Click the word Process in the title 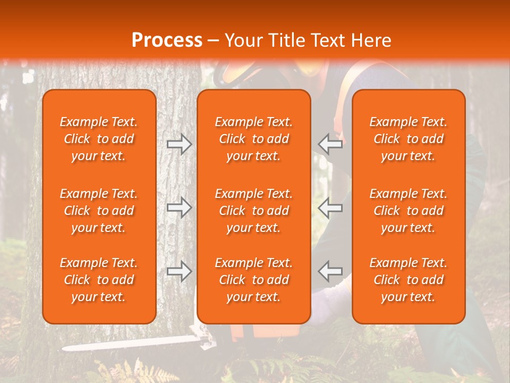[167, 40]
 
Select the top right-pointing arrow [179, 144]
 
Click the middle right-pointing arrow [179, 207]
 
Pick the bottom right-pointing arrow [179, 271]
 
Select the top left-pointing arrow [330, 144]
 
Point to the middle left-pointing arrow [330, 207]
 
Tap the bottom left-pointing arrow [330, 271]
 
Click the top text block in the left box [99, 139]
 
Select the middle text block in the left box [99, 211]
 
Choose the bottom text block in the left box [99, 280]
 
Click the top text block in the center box [254, 139]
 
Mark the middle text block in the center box [254, 211]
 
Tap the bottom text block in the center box [254, 280]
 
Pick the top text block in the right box [409, 139]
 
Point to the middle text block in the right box [409, 211]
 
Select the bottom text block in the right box [409, 280]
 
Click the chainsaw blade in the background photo [133, 343]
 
